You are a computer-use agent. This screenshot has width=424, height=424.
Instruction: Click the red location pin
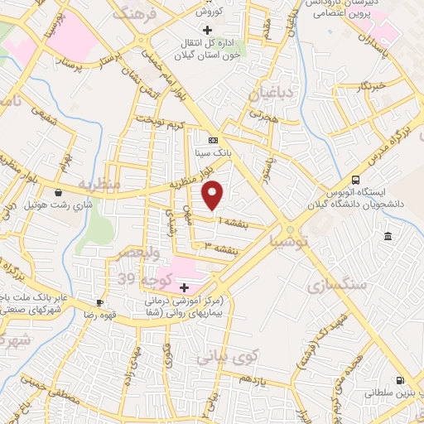coord(214,195)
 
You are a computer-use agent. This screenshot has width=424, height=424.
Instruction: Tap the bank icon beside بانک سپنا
coord(213,140)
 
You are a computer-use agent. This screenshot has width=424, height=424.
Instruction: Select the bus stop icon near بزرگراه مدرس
coord(355,180)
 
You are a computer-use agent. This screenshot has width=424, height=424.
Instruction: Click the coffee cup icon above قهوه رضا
coord(100,303)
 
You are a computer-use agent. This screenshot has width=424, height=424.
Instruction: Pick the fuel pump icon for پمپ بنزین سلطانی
coord(401,381)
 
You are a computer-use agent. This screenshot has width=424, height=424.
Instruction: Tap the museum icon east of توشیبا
coord(388,238)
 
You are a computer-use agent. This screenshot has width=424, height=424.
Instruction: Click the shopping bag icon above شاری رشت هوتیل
coord(57,192)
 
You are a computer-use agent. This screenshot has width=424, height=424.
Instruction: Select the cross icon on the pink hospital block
coord(184,287)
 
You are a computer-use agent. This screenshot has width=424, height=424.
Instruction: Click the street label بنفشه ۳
coord(222,247)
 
